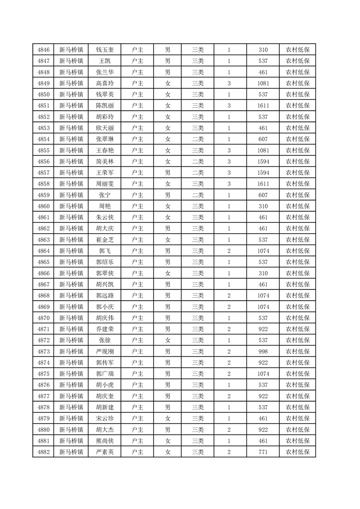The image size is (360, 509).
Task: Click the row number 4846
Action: pyautogui.click(x=43, y=50)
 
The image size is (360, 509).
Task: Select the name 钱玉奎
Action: pyautogui.click(x=104, y=50)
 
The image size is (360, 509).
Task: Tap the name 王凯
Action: pyautogui.click(x=104, y=61)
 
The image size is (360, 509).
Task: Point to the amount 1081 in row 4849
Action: pyautogui.click(x=263, y=83)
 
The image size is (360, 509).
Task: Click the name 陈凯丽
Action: pyautogui.click(x=104, y=105)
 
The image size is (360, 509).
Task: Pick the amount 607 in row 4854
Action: pyautogui.click(x=263, y=139)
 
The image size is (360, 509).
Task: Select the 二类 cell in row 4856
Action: pyautogui.click(x=197, y=161)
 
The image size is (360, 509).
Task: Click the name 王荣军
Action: pyautogui.click(x=104, y=172)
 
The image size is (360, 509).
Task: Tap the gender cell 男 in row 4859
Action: pyautogui.click(x=168, y=195)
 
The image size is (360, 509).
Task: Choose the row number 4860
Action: pyautogui.click(x=43, y=206)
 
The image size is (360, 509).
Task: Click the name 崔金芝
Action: pyautogui.click(x=104, y=240)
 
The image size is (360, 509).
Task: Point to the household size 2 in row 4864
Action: pyautogui.click(x=229, y=250)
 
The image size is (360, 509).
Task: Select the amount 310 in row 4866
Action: pyautogui.click(x=263, y=273)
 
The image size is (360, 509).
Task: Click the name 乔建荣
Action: pyautogui.click(x=104, y=329)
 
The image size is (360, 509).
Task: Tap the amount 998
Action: pyautogui.click(x=263, y=351)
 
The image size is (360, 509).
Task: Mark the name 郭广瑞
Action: pyautogui.click(x=104, y=373)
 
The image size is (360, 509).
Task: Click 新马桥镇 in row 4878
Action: pyautogui.click(x=71, y=407)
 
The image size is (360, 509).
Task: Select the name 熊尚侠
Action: pyautogui.click(x=104, y=440)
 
